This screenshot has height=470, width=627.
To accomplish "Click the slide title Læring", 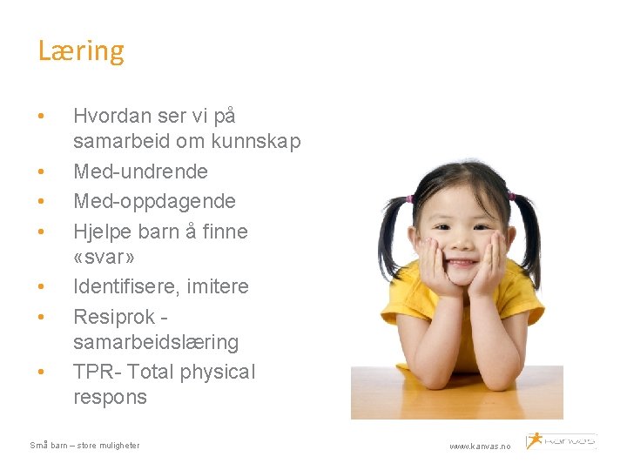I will click(x=81, y=51).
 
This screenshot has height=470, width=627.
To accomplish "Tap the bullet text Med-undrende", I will click(x=140, y=171).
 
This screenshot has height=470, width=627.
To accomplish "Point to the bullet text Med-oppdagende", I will click(x=154, y=201).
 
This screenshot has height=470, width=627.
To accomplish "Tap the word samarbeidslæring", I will click(x=156, y=342).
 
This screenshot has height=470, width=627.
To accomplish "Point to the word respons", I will click(x=111, y=397).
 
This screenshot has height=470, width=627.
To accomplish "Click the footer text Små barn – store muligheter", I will click(x=84, y=446).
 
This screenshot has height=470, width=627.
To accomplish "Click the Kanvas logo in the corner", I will click(x=561, y=440).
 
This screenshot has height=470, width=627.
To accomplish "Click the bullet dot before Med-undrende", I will click(x=42, y=171).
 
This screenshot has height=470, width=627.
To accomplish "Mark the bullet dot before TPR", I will click(x=42, y=373).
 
